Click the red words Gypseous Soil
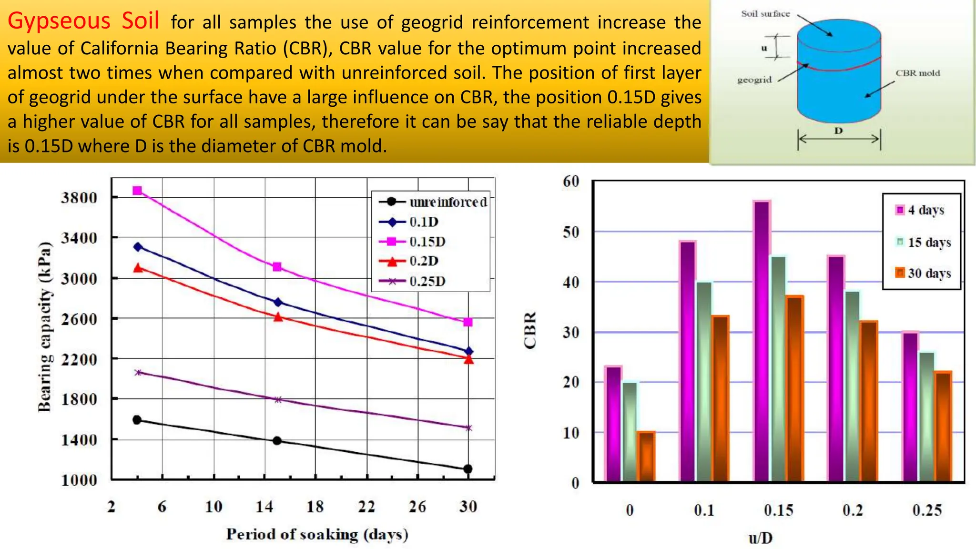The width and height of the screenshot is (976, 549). coord(83,21)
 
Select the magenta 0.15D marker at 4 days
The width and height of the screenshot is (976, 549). coord(137,191)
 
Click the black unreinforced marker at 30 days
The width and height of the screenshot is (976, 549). coord(468,469)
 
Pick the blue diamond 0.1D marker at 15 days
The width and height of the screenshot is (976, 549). coord(278,302)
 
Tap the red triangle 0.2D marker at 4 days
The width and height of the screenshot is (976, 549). coord(138,268)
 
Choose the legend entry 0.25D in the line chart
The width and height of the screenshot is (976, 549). coord(427,281)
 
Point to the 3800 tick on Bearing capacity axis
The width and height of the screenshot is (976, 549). coord(79,197)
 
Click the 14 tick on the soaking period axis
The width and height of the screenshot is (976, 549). coord(264,506)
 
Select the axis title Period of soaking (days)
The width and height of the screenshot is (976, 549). coord(317,534)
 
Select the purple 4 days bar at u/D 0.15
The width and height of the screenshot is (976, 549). coord(762,341)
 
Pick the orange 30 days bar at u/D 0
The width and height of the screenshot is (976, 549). coord(646,456)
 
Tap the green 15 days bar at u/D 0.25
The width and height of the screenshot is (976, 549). coord(927,416)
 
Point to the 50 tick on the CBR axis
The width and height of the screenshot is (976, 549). coord(571,232)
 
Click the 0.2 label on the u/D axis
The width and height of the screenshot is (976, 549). coord(853,510)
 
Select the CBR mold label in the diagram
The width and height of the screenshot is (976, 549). coord(917,73)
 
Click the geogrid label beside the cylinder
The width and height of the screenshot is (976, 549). coord(754,80)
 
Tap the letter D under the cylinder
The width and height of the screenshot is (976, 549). coord(838,130)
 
